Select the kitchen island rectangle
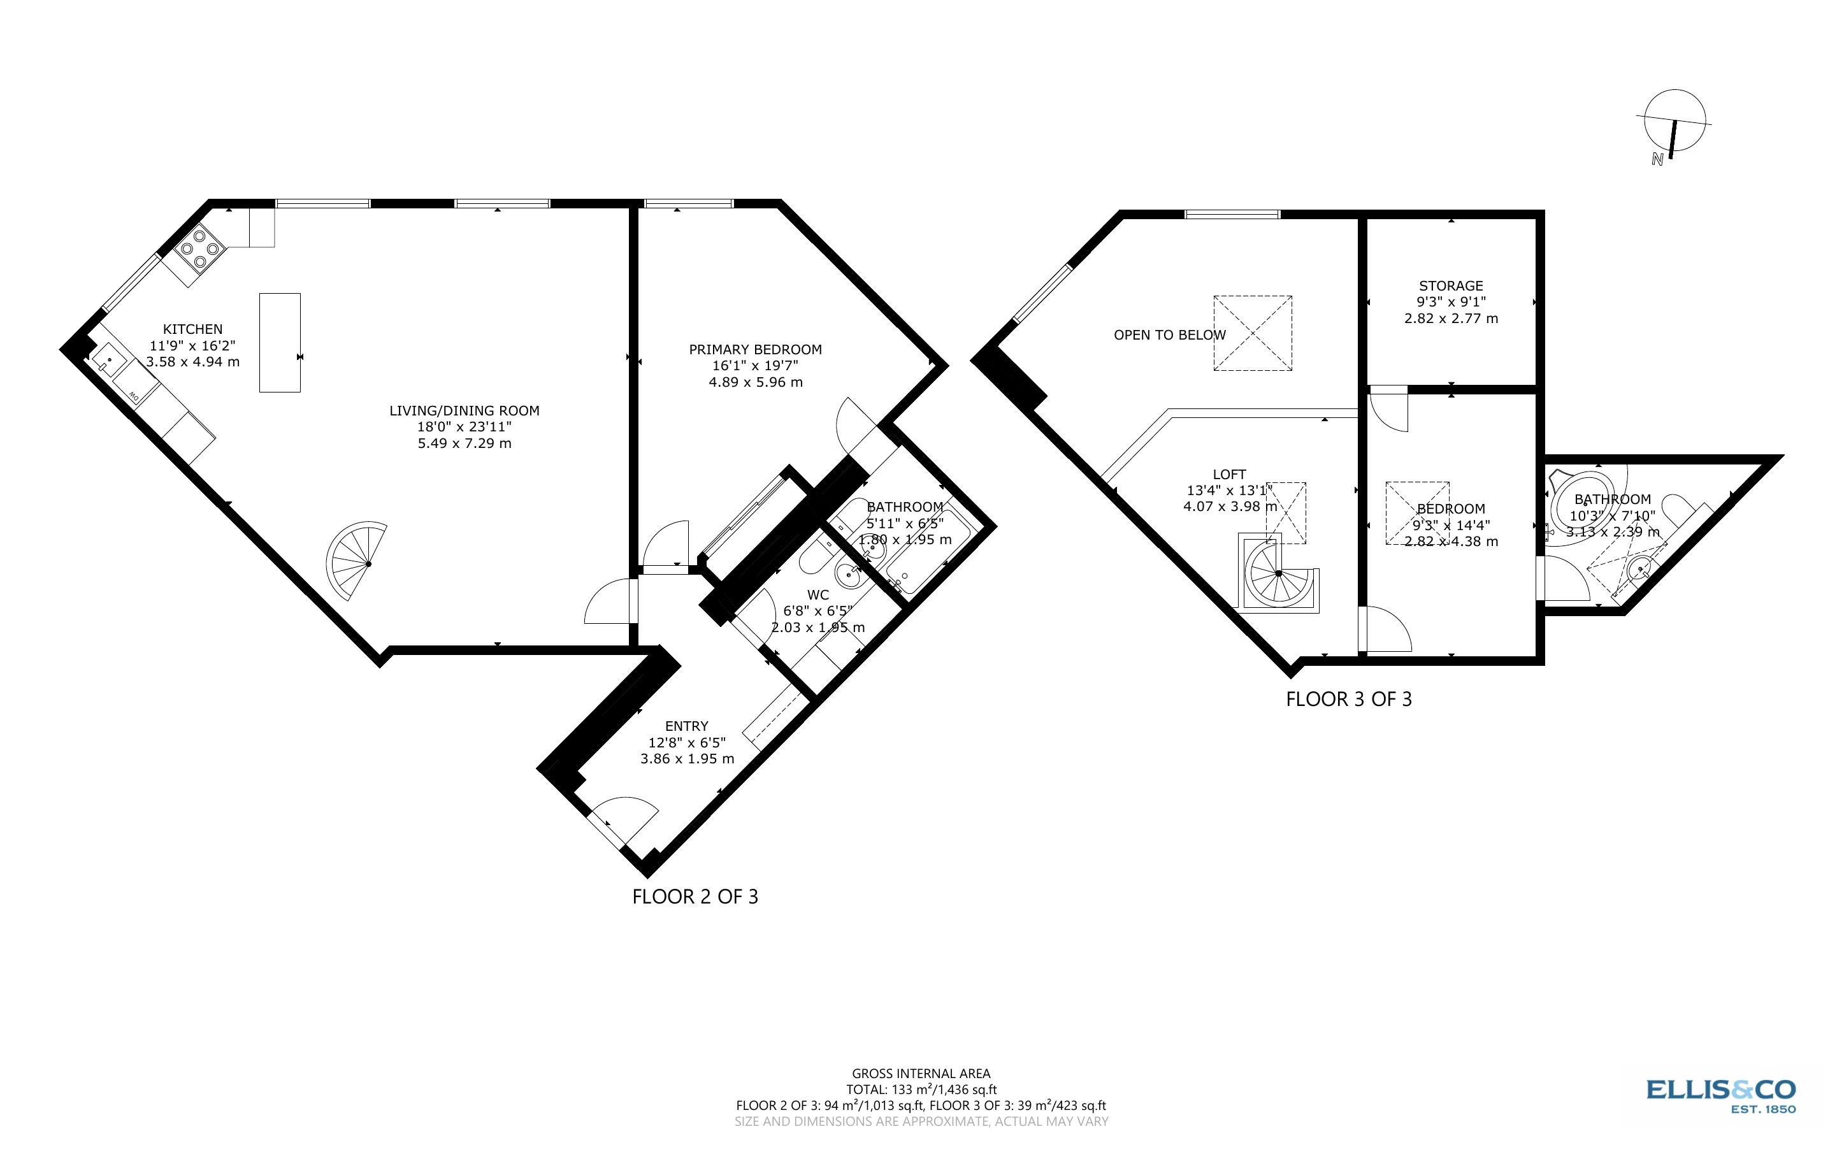pos(280,343)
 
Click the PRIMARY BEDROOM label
pos(755,350)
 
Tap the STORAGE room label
pos(1450,285)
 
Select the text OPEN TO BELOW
pos(1169,335)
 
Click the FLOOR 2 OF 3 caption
pos(695,896)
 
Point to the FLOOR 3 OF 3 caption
pos(1348,700)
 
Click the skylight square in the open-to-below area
pos(1252,333)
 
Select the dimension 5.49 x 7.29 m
pos(464,443)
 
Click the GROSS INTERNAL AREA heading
pos(921,1074)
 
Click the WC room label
pos(818,594)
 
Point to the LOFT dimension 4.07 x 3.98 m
pos(1229,507)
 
